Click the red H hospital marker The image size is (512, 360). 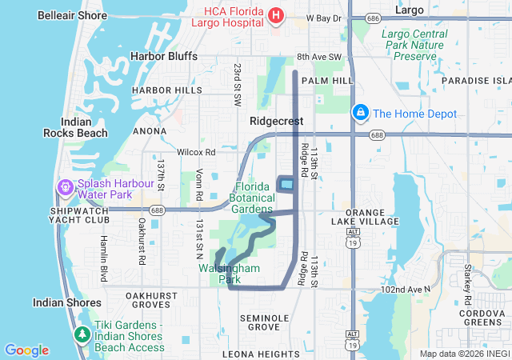(x=276, y=15)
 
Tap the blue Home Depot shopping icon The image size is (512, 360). (x=361, y=114)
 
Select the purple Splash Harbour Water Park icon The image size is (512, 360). (x=64, y=188)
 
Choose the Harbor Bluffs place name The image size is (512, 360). (x=165, y=56)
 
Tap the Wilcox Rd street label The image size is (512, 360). (x=196, y=151)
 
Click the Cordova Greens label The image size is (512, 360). (x=483, y=318)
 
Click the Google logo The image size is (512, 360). (x=26, y=350)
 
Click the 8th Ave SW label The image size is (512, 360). (x=319, y=57)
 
